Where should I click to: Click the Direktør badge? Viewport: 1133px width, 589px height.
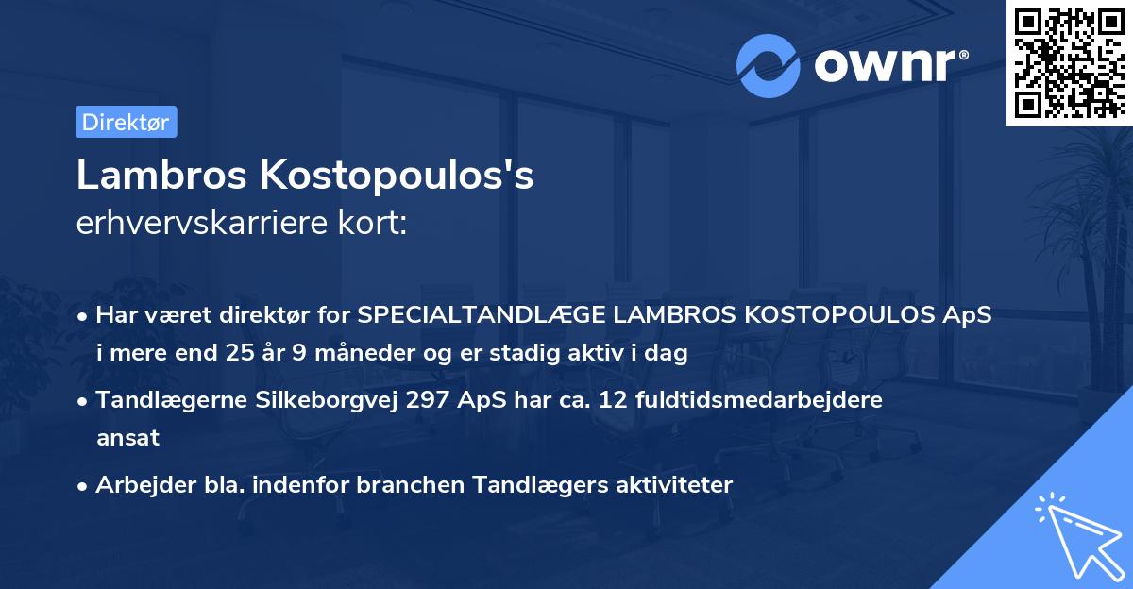pyautogui.click(x=126, y=122)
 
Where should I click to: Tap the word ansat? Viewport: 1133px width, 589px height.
pyautogui.click(x=127, y=438)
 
